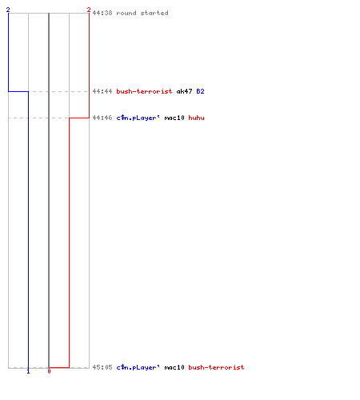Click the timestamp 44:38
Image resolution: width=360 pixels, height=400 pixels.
(x=102, y=13)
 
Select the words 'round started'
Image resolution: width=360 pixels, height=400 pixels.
(x=142, y=13)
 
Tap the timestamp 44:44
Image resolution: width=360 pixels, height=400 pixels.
(x=102, y=91)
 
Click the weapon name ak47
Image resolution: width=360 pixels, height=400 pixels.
(x=184, y=91)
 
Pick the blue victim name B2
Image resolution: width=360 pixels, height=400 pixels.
(x=200, y=91)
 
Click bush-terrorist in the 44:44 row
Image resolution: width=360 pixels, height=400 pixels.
(x=144, y=91)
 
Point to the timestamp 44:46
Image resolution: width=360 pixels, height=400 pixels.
(x=102, y=118)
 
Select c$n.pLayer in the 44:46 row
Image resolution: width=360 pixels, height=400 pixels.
(x=138, y=118)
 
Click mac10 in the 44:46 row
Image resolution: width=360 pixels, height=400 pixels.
(x=174, y=118)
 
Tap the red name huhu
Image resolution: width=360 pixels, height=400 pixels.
(x=196, y=118)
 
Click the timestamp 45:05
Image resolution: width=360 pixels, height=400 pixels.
(x=102, y=367)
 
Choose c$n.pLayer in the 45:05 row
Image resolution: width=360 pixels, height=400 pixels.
(x=138, y=367)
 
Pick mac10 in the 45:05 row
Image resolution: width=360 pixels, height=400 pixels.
(x=174, y=367)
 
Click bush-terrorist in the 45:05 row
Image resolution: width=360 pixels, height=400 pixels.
(x=216, y=367)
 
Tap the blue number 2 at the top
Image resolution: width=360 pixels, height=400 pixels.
(x=8, y=10)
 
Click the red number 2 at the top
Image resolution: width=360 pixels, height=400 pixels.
(x=89, y=10)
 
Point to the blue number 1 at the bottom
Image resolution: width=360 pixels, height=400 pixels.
(x=28, y=371)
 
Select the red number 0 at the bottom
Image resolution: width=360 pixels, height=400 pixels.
(x=49, y=371)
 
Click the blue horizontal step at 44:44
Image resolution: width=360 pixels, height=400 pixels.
(x=18, y=91)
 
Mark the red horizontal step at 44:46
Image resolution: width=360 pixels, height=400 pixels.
(x=79, y=118)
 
